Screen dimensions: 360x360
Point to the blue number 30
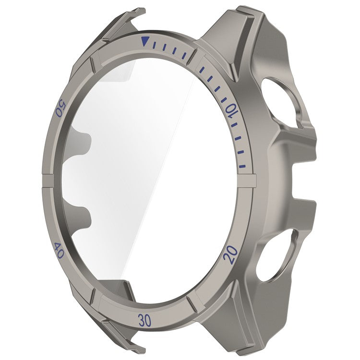click(x=146, y=319)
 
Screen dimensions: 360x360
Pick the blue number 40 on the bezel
click(x=59, y=251)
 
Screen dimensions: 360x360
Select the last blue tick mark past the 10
click(x=243, y=167)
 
